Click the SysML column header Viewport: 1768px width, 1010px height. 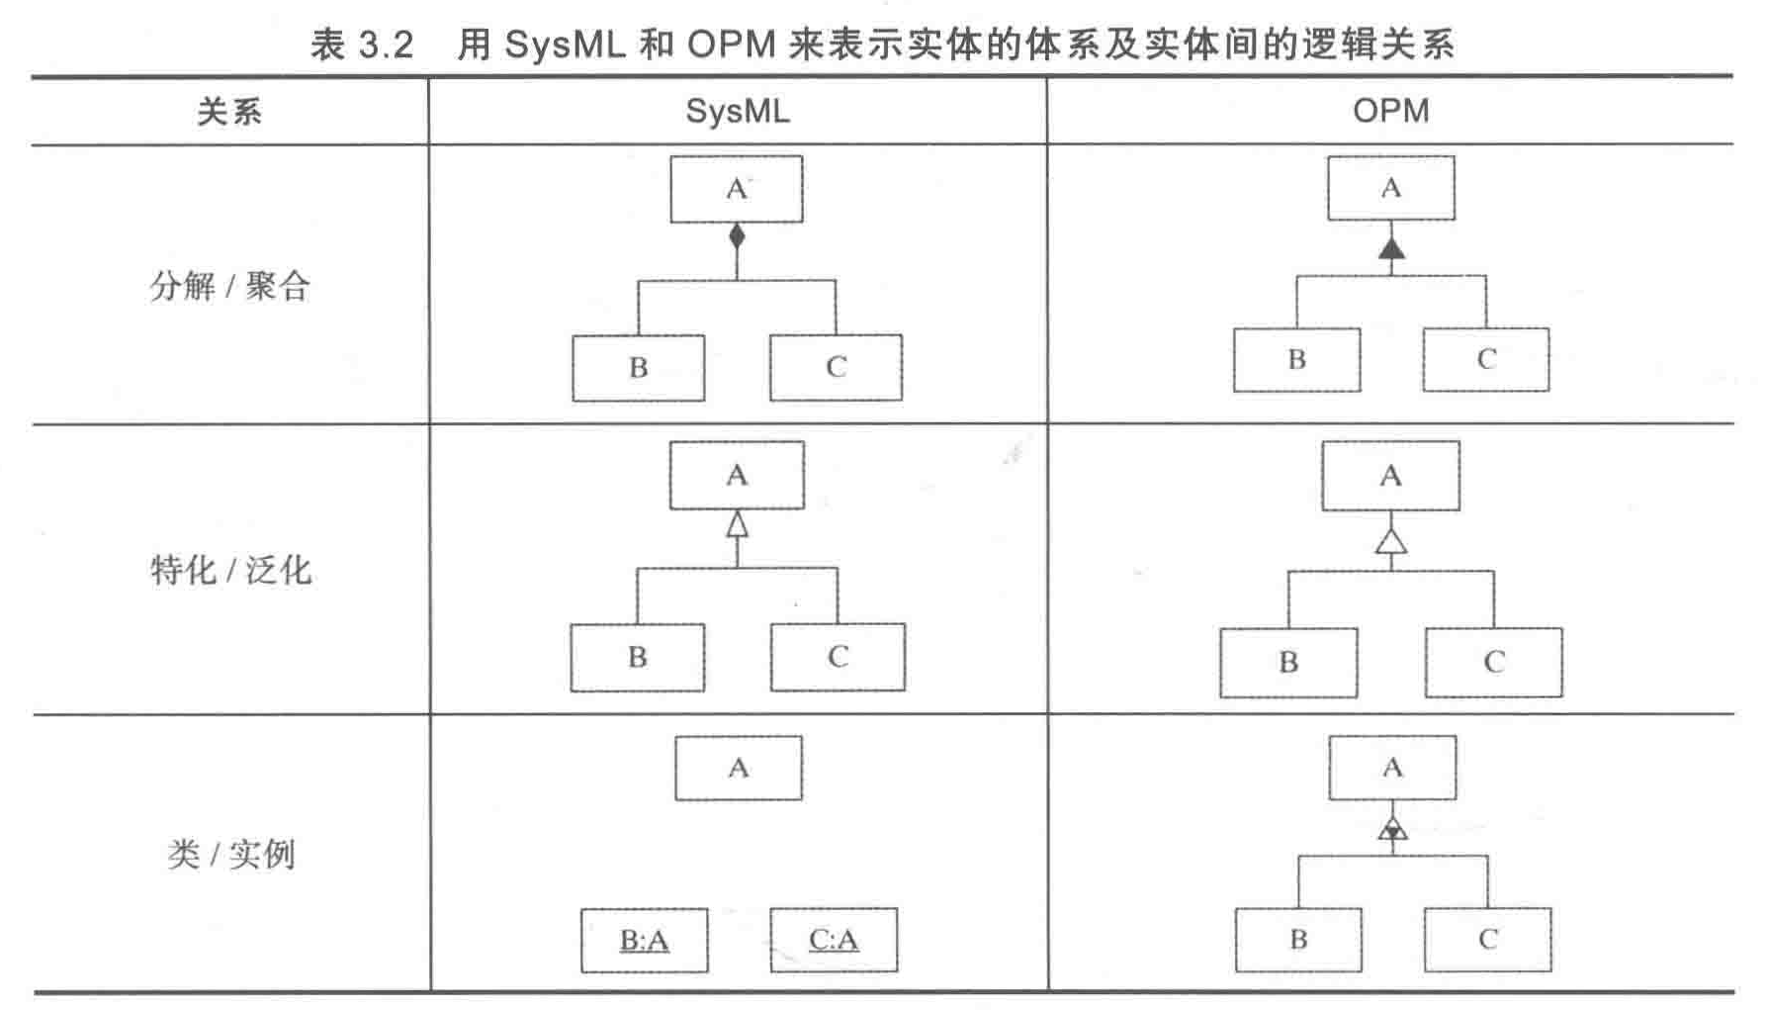[738, 111]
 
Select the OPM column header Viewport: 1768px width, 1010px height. [1390, 111]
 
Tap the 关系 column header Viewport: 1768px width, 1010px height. [229, 112]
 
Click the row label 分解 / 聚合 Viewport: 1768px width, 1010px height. [230, 286]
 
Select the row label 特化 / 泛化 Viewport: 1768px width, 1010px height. [230, 570]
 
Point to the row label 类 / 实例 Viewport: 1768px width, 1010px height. [231, 853]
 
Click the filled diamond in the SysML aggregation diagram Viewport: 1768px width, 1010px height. [737, 236]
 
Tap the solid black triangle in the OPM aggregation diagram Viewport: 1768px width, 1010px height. [1391, 248]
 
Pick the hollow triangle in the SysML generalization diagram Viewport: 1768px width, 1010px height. [737, 523]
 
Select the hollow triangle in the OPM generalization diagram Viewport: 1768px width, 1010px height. [1391, 541]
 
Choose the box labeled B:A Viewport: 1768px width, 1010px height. [644, 940]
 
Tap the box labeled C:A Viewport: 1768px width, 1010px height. [834, 940]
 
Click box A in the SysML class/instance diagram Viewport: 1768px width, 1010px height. [739, 768]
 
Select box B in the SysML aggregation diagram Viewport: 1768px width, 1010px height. [639, 368]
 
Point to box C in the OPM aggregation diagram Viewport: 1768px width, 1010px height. [1486, 359]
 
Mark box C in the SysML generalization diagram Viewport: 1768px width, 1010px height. [838, 657]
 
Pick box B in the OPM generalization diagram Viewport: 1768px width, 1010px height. [1288, 662]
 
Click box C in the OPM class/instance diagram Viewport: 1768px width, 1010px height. [1488, 940]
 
